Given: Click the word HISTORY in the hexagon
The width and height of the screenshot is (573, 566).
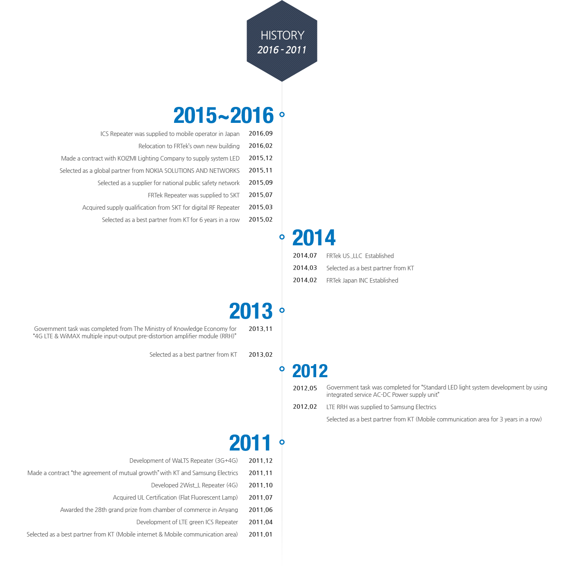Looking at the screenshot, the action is tap(282, 35).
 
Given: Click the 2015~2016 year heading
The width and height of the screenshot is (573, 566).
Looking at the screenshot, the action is tap(223, 115).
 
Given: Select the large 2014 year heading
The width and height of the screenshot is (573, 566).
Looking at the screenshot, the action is tap(314, 238).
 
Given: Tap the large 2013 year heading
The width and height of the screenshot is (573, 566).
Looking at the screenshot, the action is tap(251, 311).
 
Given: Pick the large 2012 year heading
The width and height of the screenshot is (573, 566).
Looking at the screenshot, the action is tap(310, 371).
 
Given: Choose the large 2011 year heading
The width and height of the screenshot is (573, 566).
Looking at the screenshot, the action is tap(250, 443).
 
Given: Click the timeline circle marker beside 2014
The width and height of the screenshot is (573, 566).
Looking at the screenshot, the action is tap(282, 237).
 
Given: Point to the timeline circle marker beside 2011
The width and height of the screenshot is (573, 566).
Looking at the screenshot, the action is tap(282, 442).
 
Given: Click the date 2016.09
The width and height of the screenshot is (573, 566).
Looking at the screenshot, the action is tap(260, 134).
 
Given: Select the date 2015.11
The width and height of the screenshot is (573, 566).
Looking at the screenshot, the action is tap(260, 170).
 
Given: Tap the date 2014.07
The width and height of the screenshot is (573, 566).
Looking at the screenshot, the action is tap(305, 256).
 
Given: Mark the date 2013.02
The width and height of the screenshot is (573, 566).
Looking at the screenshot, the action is tap(260, 355).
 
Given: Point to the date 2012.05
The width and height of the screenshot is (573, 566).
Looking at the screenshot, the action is tap(305, 388).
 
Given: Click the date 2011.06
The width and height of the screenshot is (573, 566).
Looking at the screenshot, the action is tap(260, 510).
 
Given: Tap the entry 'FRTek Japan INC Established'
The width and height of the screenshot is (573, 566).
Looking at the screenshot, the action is tap(362, 281).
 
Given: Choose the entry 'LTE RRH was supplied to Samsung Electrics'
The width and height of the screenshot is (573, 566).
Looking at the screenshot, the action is tap(381, 407).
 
